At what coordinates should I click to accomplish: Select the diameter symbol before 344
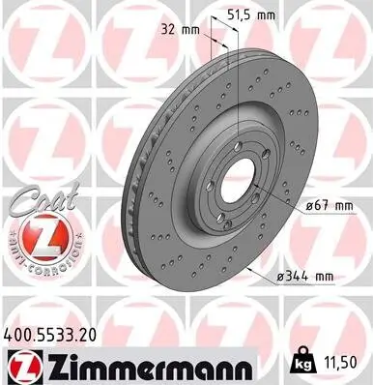point(279,278)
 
